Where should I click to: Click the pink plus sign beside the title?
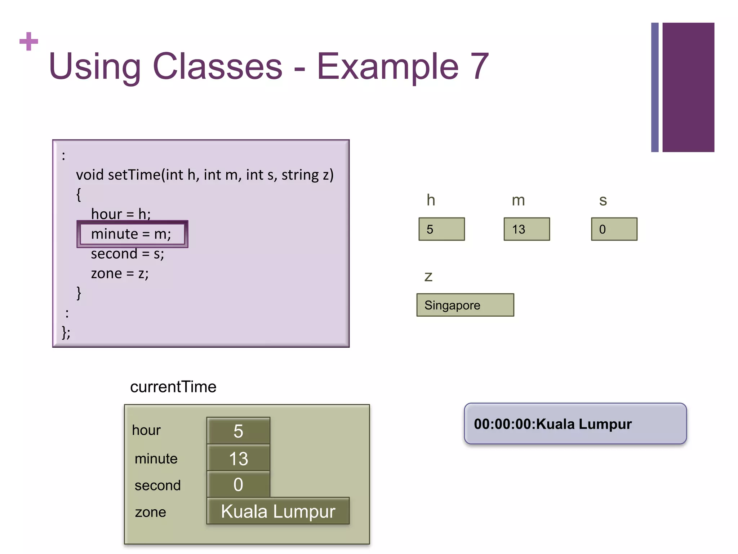pyautogui.click(x=29, y=41)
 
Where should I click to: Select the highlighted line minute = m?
pyautogui.click(x=132, y=234)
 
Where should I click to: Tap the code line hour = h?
pyautogui.click(x=121, y=214)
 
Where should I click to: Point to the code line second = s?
pyautogui.click(x=127, y=254)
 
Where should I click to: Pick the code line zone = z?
pyautogui.click(x=120, y=273)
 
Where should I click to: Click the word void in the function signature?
pyautogui.click(x=90, y=175)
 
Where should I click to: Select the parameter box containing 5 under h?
pyautogui.click(x=441, y=229)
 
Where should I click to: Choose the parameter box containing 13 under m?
pyautogui.click(x=526, y=229)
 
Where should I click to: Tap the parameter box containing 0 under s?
pyautogui.click(x=614, y=229)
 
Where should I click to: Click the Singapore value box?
pyautogui.click(x=465, y=305)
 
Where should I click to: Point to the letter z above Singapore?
pyautogui.click(x=428, y=277)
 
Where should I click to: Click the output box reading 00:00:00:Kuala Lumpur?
pyautogui.click(x=575, y=424)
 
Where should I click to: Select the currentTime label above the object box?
pyautogui.click(x=173, y=387)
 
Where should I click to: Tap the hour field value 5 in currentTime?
pyautogui.click(x=238, y=431)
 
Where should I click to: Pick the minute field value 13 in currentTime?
pyautogui.click(x=238, y=458)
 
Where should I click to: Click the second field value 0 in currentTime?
pyautogui.click(x=238, y=484)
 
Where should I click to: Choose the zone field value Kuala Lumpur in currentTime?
pyautogui.click(x=278, y=511)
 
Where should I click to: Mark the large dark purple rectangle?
pyautogui.click(x=688, y=87)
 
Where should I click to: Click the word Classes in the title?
pyautogui.click(x=218, y=66)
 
